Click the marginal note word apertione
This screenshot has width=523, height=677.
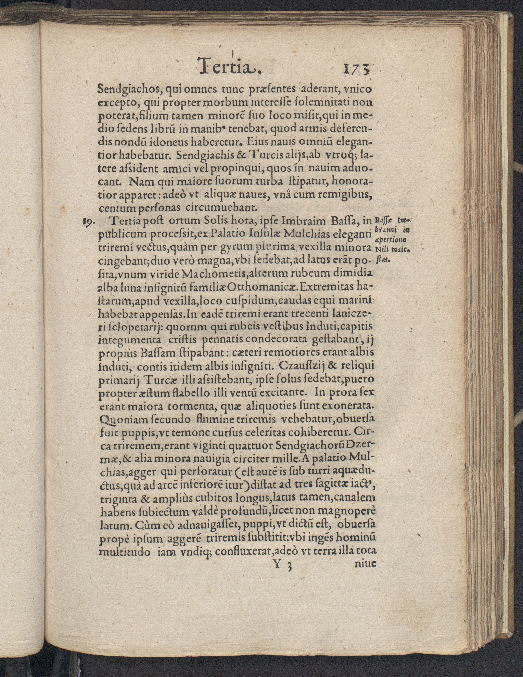[390, 240]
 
